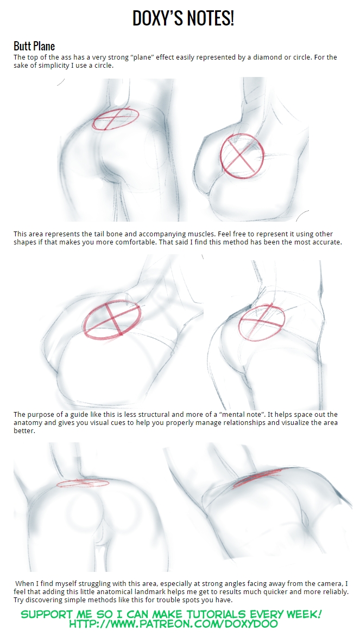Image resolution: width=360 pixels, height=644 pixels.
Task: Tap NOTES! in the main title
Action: pyautogui.click(x=210, y=18)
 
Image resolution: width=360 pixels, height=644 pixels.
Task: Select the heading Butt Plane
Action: pyautogui.click(x=34, y=46)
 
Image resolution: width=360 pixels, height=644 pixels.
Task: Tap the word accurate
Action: pyautogui.click(x=325, y=242)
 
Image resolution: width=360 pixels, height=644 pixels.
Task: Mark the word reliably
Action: pyautogui.click(x=334, y=592)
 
